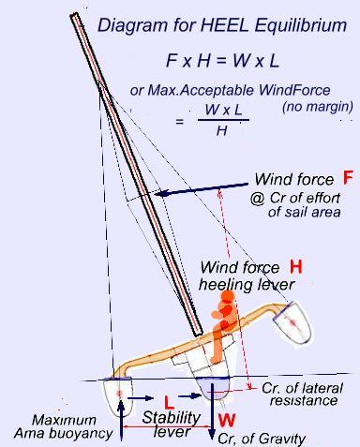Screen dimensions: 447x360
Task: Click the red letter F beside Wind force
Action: [348, 176]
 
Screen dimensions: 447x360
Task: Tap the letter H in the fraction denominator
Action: [221, 130]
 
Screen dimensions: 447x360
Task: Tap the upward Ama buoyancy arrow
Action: [123, 413]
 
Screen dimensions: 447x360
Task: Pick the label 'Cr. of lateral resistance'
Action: [299, 394]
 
